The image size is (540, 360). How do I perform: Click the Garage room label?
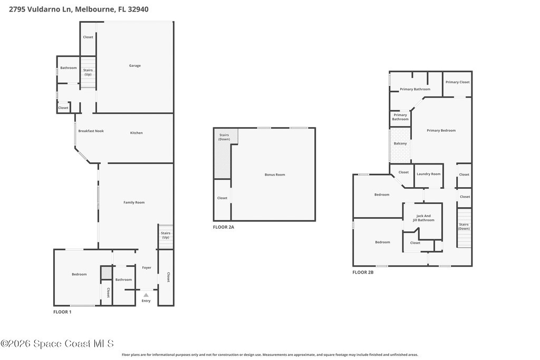134,66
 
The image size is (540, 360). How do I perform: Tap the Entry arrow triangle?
146,295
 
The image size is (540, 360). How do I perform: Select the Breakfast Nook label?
91,131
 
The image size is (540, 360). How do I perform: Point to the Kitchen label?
137,133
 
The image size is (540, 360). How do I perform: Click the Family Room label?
134,203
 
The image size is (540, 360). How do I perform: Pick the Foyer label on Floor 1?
147,268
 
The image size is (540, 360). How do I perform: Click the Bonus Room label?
275,175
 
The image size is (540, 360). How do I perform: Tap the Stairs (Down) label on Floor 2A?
224,138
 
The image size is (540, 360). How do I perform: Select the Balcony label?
400,143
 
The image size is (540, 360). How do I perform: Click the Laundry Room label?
428,174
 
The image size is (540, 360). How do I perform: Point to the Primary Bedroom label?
441,131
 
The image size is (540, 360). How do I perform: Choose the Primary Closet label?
457,82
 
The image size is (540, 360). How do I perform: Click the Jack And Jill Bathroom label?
423,218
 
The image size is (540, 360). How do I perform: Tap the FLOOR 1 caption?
62,312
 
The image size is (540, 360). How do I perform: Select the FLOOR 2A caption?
224,227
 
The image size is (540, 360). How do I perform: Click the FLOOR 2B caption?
363,272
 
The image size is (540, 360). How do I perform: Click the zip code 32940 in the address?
138,9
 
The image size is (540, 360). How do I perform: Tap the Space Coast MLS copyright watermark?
57,344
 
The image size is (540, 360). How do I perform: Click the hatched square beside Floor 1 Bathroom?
107,273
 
